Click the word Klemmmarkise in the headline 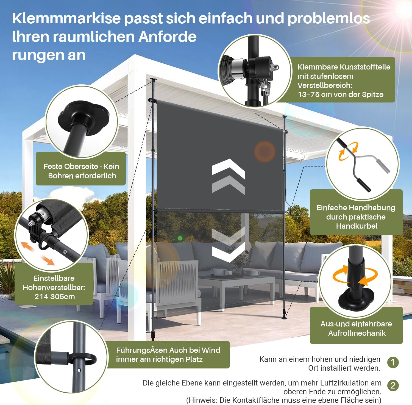click(x=66, y=18)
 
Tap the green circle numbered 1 click(x=393, y=362)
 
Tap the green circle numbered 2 click(x=393, y=385)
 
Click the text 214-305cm click(x=55, y=297)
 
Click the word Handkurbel click(x=357, y=226)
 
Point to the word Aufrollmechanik click(x=357, y=333)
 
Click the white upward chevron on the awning click(x=229, y=169)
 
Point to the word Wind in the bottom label click(x=211, y=350)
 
